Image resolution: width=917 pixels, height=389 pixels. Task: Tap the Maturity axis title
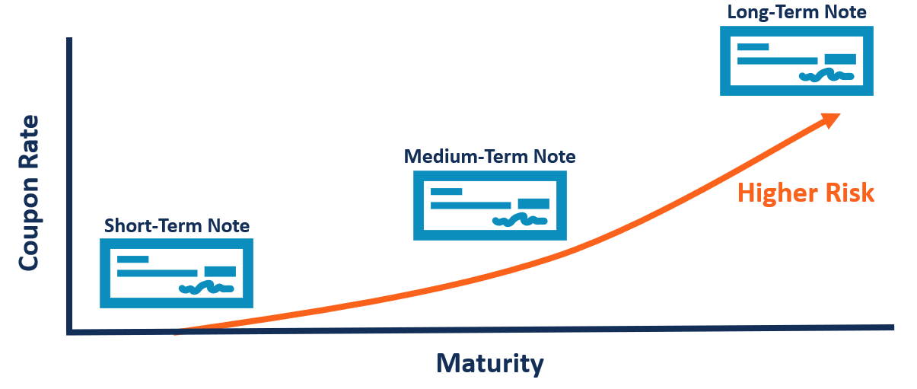tap(490, 363)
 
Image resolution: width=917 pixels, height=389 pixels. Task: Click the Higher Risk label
tap(806, 193)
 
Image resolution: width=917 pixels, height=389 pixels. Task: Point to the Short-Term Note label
tap(177, 226)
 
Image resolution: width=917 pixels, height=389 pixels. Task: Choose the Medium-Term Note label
tap(489, 157)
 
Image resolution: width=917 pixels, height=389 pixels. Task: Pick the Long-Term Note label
tap(797, 11)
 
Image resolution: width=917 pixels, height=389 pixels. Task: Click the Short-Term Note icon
tap(177, 273)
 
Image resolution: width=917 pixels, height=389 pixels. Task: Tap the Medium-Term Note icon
tap(489, 206)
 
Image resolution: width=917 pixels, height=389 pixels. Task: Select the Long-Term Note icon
tap(797, 61)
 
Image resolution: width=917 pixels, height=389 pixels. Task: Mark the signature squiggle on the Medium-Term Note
tap(520, 221)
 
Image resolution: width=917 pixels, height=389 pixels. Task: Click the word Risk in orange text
tap(849, 193)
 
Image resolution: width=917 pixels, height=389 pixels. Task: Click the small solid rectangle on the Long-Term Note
tap(840, 59)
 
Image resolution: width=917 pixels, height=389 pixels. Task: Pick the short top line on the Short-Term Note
tap(132, 260)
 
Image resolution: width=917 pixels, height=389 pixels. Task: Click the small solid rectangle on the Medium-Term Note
tap(533, 204)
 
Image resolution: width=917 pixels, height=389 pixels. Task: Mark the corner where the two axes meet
tap(70, 331)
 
